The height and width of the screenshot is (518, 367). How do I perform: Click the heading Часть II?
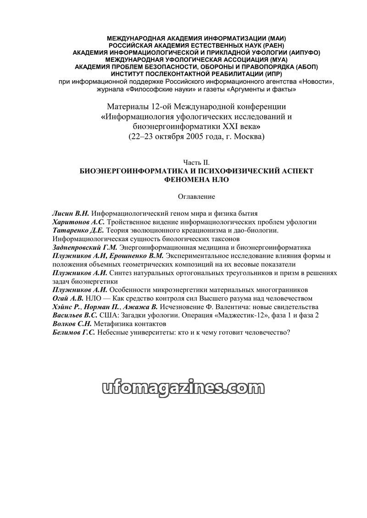pos(196,163)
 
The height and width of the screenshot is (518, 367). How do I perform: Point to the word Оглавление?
pos(196,196)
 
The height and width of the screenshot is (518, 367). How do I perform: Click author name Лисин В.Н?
pos(71,213)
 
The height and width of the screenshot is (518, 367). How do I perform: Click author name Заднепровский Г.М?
pos(85,247)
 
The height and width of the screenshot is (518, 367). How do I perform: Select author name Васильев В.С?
pos(75,315)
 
